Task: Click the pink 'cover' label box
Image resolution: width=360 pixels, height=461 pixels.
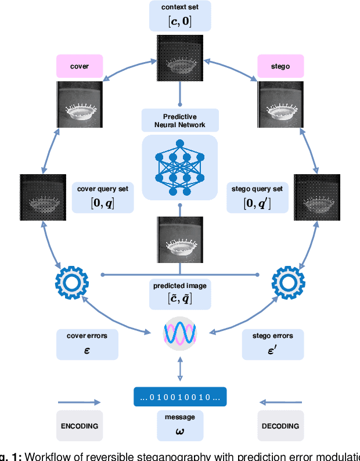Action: click(x=79, y=66)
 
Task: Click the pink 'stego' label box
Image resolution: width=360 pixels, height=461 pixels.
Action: click(x=280, y=66)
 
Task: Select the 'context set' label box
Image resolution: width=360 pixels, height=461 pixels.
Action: click(x=180, y=16)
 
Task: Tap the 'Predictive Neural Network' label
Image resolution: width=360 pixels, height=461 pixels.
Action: click(x=180, y=120)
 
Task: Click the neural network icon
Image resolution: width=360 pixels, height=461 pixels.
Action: click(x=180, y=167)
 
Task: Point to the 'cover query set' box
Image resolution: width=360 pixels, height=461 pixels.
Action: click(x=102, y=197)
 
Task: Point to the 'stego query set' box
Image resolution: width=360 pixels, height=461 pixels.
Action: click(x=257, y=197)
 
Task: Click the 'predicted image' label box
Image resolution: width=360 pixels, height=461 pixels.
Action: click(x=180, y=293)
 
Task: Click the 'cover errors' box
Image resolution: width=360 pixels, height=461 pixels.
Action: click(x=87, y=344)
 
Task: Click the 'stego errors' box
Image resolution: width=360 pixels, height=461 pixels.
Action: click(x=272, y=344)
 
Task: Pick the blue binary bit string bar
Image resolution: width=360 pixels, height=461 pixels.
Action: click(x=180, y=397)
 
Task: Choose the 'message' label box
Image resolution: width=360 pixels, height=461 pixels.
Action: click(x=180, y=425)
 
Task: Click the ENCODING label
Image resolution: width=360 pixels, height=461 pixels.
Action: click(x=80, y=426)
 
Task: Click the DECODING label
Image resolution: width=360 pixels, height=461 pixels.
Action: click(x=280, y=426)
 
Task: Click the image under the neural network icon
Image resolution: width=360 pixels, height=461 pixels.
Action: click(x=180, y=240)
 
